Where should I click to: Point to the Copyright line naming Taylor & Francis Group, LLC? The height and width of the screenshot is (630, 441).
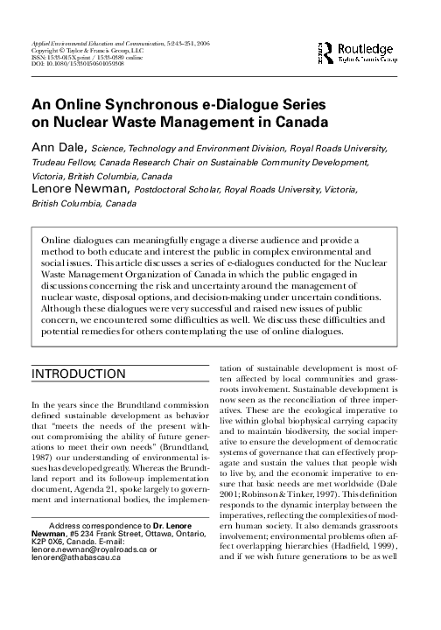87,51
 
